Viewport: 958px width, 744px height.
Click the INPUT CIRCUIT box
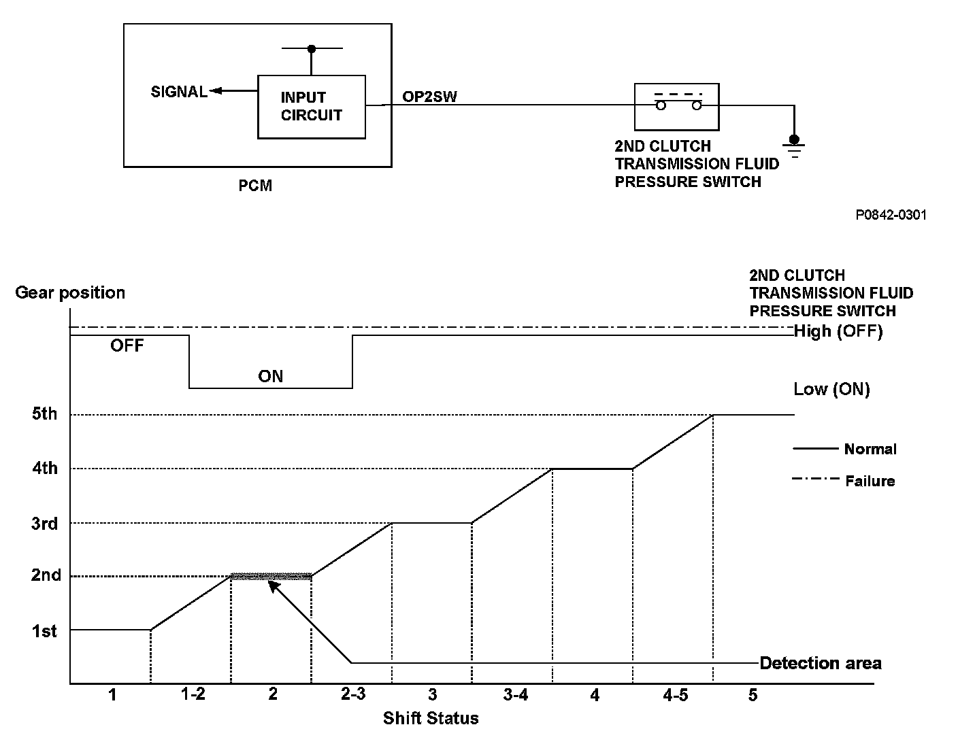point(311,107)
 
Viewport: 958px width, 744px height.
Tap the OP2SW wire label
point(429,97)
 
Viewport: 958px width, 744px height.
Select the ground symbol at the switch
point(793,145)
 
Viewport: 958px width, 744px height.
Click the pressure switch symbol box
point(676,107)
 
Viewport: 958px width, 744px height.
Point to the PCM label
point(255,186)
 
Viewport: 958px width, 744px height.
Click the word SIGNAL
point(179,92)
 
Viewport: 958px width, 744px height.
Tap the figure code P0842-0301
point(891,215)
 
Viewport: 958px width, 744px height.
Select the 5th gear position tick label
point(44,414)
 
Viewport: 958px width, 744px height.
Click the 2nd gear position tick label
point(46,575)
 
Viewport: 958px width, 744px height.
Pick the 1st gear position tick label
point(44,631)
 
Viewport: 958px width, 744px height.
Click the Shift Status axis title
point(431,718)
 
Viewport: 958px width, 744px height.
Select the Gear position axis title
point(70,293)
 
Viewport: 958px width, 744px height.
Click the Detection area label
point(821,663)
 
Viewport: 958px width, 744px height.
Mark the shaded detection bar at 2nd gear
point(271,576)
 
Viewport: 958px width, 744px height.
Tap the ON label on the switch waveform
point(270,377)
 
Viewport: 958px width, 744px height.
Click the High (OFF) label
point(838,332)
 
